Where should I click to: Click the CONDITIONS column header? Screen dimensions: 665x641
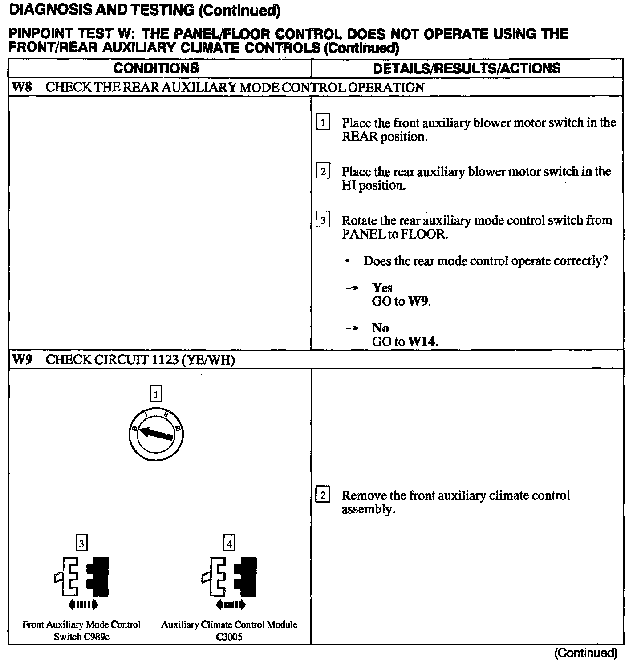156,68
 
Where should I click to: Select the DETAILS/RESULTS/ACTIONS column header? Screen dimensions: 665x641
467,68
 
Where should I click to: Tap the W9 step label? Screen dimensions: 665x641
22,359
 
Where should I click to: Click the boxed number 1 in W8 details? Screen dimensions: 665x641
323,122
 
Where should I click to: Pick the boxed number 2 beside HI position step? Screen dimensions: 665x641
323,171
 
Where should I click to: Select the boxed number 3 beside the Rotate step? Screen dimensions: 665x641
323,220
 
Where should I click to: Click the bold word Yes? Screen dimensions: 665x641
382,288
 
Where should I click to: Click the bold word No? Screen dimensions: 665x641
381,328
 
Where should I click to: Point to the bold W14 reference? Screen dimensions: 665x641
422,342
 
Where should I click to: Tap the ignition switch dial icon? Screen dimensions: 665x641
155,434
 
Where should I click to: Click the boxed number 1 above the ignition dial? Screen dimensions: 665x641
155,394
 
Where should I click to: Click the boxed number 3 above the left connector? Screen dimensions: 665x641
81,543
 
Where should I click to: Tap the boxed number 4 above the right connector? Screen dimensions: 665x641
229,543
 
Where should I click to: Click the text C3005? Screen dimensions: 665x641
229,637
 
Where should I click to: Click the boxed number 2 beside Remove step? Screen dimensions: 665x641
323,495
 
